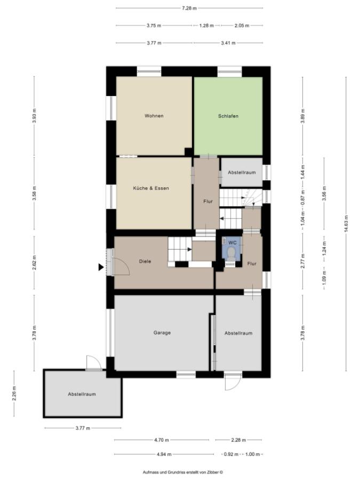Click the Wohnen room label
click(154, 116)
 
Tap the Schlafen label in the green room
click(228, 116)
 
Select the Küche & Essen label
click(151, 188)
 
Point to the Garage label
click(162, 332)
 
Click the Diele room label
click(145, 261)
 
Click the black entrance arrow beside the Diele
click(101, 268)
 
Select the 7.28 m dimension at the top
click(189, 8)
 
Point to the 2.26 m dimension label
click(14, 394)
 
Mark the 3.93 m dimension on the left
click(34, 116)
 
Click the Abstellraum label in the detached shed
click(82, 394)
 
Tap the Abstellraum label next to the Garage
click(238, 333)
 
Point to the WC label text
click(232, 242)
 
